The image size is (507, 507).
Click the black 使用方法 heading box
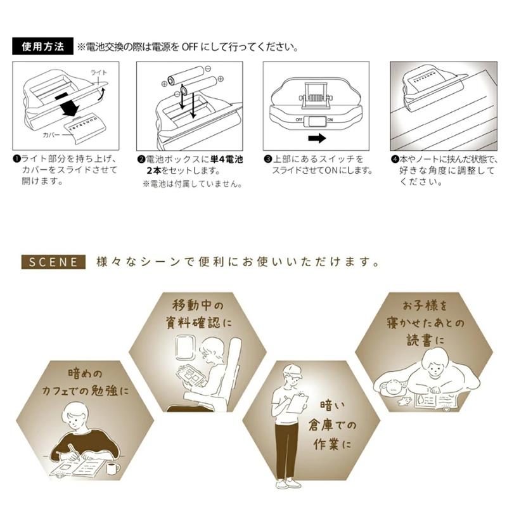coord(42,46)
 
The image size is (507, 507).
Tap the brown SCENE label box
coord(53,262)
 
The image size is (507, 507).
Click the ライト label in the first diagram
coord(99,72)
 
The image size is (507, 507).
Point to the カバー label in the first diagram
coord(51,135)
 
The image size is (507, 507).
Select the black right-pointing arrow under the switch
coord(317,138)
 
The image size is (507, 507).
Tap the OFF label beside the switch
coord(298,120)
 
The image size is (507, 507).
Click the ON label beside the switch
coord(330,120)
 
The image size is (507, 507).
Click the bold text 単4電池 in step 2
coord(226,160)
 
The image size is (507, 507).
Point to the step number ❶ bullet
coord(17,159)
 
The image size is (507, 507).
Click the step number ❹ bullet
coord(395,160)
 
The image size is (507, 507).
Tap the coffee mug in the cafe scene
coord(113,468)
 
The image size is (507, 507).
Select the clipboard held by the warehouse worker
coord(298,403)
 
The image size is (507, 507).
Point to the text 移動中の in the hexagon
coord(198,305)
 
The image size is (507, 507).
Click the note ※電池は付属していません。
coord(192,184)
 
